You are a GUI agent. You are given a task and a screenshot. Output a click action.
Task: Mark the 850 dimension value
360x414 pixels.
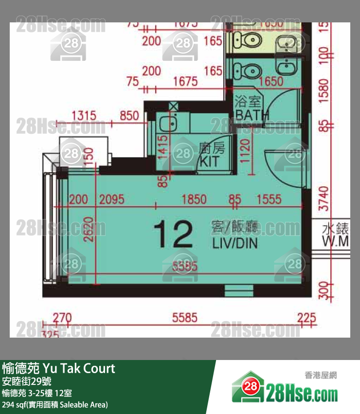pos(129,116)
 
